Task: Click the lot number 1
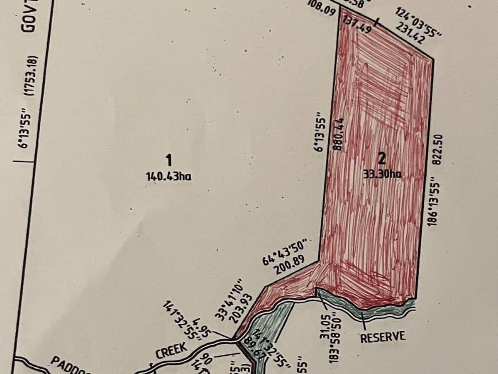[x=168, y=160]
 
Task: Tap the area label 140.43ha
[x=168, y=176]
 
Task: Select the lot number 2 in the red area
[x=382, y=158]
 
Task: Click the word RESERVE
[x=383, y=337]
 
